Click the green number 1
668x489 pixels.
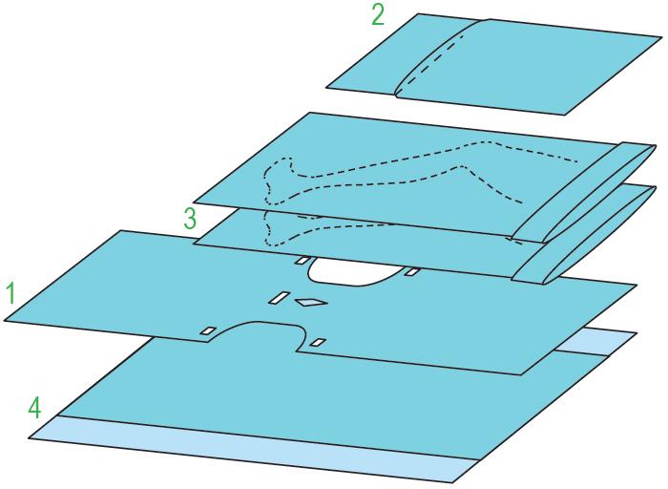(11, 294)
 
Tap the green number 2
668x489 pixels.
(378, 15)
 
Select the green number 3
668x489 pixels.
(190, 219)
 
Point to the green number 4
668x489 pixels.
(35, 408)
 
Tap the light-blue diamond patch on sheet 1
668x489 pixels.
(311, 302)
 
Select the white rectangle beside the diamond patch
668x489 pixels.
(279, 298)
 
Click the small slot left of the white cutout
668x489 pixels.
(303, 261)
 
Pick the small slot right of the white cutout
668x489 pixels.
(412, 271)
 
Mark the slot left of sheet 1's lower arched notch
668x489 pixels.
(209, 330)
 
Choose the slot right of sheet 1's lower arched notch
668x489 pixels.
(318, 342)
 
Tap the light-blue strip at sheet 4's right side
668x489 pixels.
(595, 341)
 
